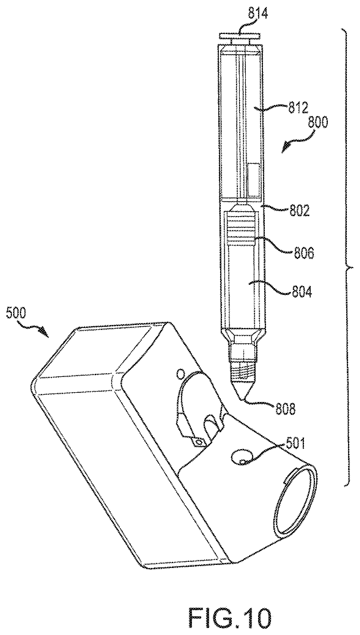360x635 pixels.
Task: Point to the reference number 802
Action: point(296,211)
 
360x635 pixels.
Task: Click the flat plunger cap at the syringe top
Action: point(240,36)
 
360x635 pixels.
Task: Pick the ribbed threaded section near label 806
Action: point(242,228)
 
